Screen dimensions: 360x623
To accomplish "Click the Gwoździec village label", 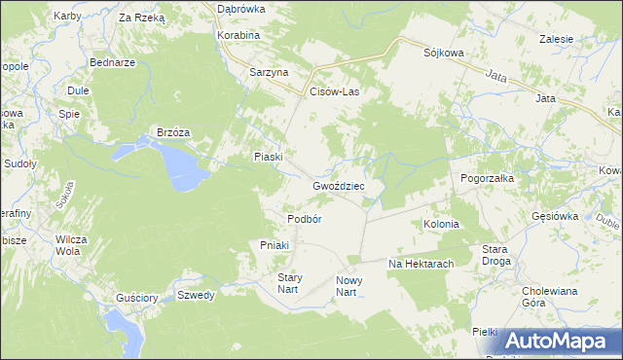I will (x=338, y=185).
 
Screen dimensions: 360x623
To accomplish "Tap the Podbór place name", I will (x=304, y=219).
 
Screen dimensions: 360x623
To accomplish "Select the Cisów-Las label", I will (x=334, y=91).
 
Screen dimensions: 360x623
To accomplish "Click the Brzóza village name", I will (x=173, y=132).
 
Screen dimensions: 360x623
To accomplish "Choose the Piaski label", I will (x=268, y=157).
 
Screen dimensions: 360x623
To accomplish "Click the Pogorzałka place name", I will (x=487, y=179).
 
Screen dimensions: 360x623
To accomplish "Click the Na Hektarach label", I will (x=421, y=264).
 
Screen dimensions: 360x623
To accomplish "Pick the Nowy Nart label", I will (x=348, y=286).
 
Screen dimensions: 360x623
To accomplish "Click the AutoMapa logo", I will (x=560, y=341).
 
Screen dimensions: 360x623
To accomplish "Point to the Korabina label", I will (x=239, y=35).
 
